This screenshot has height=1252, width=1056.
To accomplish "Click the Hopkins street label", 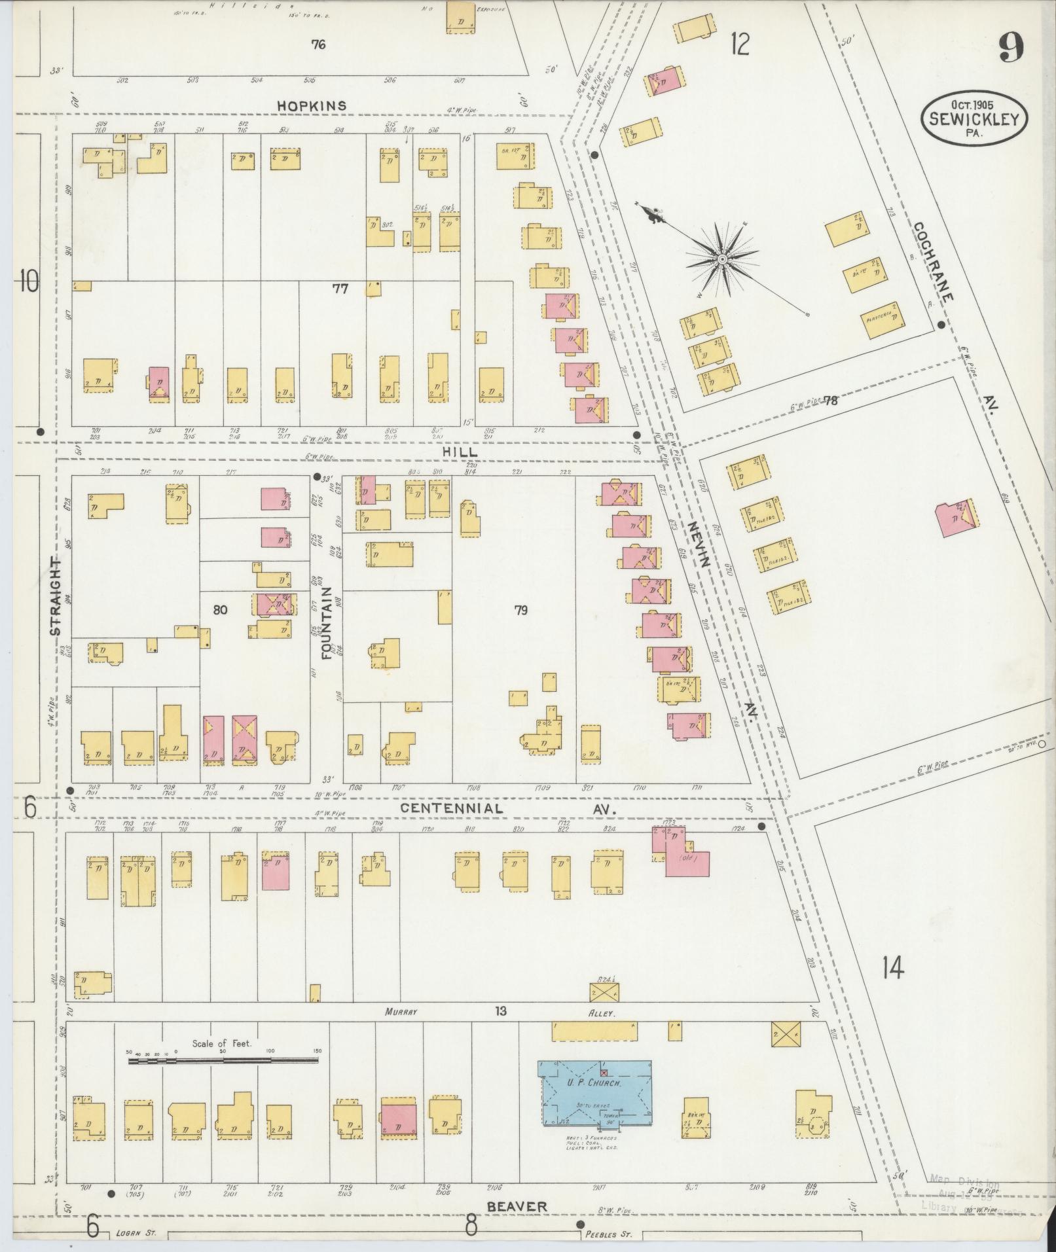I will tap(311, 105).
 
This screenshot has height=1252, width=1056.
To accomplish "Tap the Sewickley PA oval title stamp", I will tap(974, 118).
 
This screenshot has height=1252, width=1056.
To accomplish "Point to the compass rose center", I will tap(721, 260).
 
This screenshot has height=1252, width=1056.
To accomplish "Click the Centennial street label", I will tap(452, 808).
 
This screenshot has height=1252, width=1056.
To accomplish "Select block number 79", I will tap(520, 611).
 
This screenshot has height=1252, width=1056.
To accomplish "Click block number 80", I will tap(220, 610).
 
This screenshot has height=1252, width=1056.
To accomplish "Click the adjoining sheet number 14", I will tap(892, 966).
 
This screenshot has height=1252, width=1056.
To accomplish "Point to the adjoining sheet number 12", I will tap(740, 45).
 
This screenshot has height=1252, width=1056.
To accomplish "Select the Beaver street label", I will tap(517, 1206).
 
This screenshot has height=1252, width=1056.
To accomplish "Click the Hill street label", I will tap(467, 452).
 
